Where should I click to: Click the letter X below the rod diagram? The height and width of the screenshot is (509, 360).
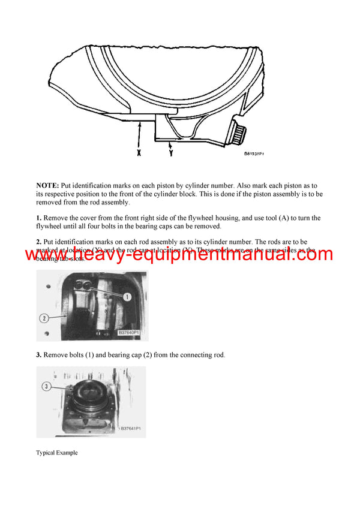point(139,153)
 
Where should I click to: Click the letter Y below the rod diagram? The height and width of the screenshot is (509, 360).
point(172,153)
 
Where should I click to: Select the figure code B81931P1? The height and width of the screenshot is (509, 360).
point(254,154)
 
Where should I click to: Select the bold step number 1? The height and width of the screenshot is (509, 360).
point(38,218)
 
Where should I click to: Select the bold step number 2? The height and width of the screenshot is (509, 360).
point(38,242)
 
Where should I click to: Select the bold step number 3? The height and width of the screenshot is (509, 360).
point(38,355)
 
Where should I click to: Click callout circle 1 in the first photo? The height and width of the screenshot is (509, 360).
point(127,296)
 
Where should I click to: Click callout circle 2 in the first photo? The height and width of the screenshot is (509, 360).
point(43,318)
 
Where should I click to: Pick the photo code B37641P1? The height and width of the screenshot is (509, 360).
point(130,429)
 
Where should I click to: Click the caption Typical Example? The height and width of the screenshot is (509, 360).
point(56,453)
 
